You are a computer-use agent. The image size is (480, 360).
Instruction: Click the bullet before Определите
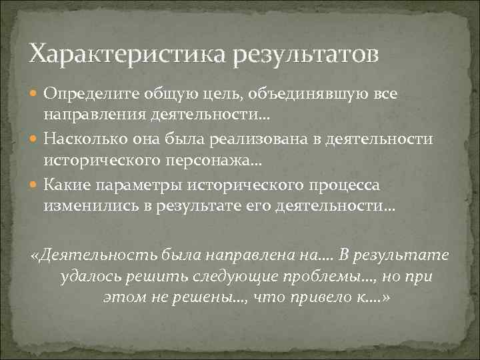point(35,95)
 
